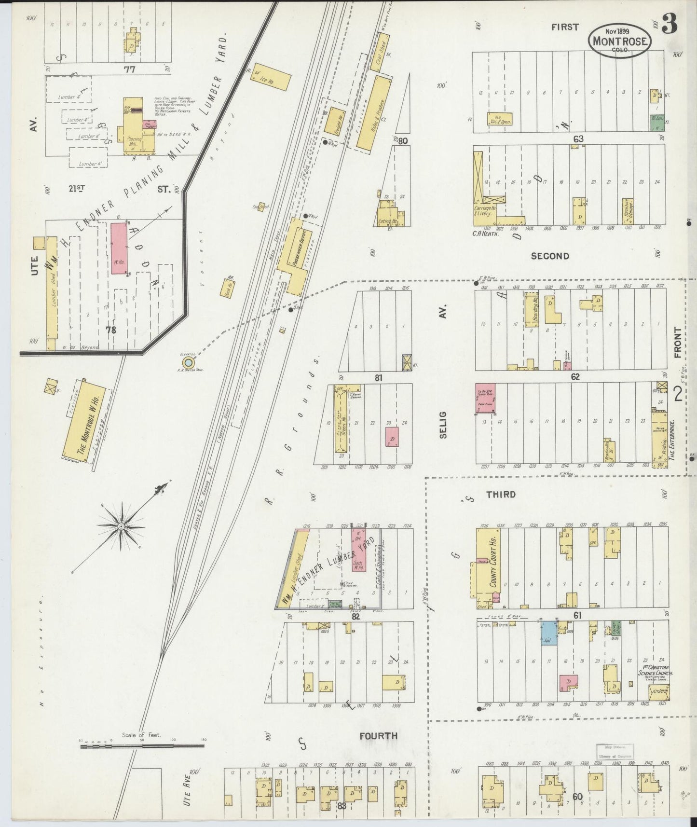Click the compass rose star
(x=122, y=525)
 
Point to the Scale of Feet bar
(x=142, y=746)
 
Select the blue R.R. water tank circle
(x=189, y=362)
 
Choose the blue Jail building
(x=548, y=633)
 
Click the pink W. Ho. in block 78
(x=120, y=248)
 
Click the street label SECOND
(x=549, y=256)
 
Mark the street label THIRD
(x=501, y=495)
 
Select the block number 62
(x=575, y=377)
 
